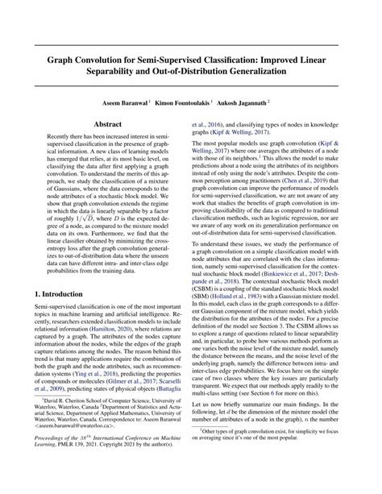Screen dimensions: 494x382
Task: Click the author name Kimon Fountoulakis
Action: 196,105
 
